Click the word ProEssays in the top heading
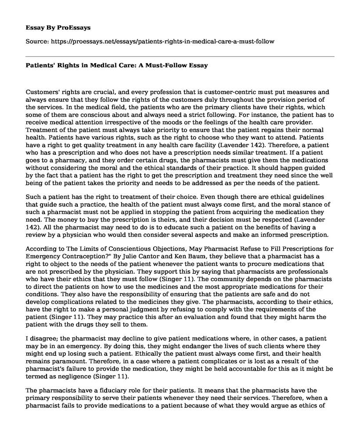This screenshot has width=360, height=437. click(x=76, y=27)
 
